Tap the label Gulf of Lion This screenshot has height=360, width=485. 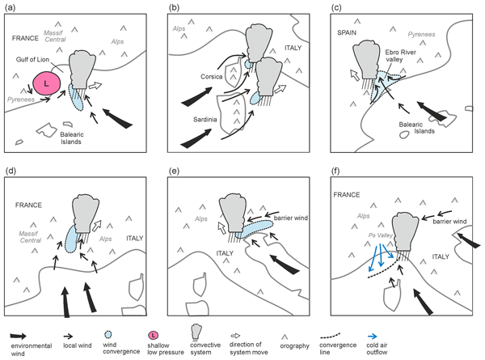click(37, 61)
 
